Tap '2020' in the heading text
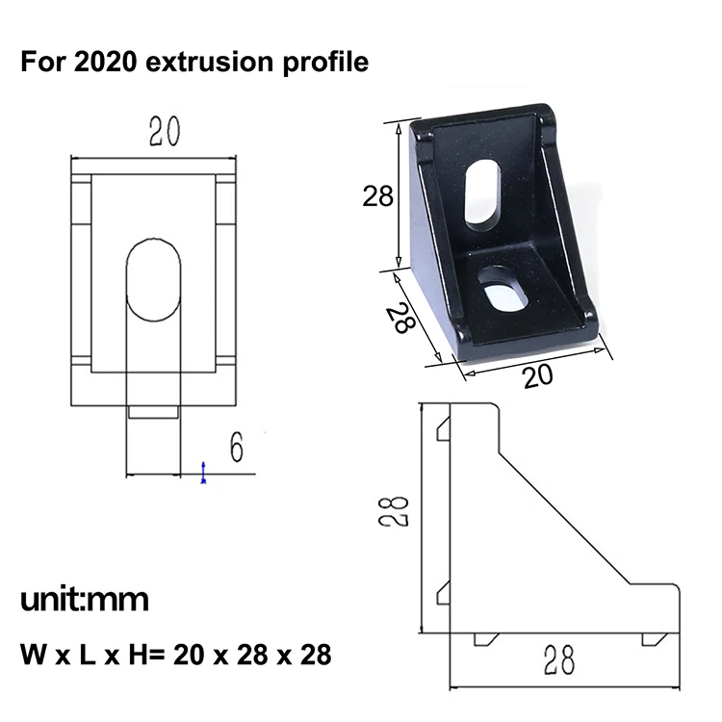106,62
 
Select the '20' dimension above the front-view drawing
165,132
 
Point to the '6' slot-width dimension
236,447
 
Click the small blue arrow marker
203,473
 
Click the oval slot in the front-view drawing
153,280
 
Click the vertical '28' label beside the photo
378,195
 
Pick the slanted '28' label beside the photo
400,318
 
